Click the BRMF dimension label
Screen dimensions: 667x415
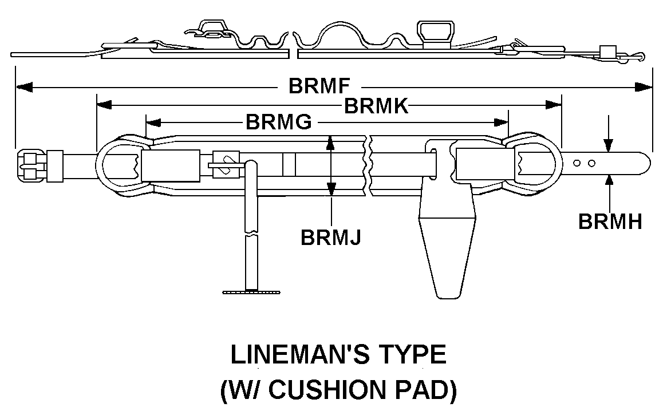(x=319, y=86)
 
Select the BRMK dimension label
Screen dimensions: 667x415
(x=376, y=106)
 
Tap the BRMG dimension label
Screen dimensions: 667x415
(x=279, y=122)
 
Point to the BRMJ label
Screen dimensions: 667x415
(x=330, y=237)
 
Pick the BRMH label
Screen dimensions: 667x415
(x=610, y=222)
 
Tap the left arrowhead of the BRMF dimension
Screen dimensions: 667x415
(x=24, y=87)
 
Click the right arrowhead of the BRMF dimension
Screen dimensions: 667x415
(x=643, y=87)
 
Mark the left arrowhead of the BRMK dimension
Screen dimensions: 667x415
(x=105, y=104)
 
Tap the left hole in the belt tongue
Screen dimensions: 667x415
(x=577, y=163)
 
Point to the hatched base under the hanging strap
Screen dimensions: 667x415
(x=251, y=292)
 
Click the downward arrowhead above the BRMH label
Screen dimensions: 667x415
(x=609, y=145)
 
